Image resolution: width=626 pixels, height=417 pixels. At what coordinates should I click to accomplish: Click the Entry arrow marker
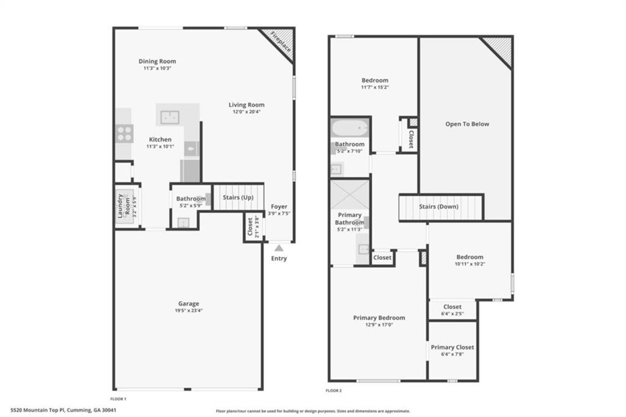tap(279, 248)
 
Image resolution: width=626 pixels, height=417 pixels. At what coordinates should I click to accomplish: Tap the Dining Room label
tap(157, 61)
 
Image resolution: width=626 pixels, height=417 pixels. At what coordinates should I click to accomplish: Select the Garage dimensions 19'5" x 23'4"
tap(188, 311)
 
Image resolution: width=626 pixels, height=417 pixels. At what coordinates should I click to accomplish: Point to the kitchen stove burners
tap(124, 133)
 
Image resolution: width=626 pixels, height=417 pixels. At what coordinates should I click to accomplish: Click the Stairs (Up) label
tap(238, 197)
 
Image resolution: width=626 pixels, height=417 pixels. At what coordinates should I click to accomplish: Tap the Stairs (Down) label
tap(438, 207)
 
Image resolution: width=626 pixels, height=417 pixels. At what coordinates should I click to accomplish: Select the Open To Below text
tap(467, 124)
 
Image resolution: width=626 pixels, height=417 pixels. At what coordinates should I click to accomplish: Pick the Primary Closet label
tap(452, 347)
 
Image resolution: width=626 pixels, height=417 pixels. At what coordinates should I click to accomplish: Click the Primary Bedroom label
tap(379, 318)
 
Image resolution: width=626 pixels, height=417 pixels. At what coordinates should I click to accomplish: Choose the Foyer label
tap(279, 207)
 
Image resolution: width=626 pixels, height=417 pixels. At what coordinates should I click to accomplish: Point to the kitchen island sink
tap(169, 116)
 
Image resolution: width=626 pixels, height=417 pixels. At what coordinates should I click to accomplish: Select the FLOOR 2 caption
tap(333, 390)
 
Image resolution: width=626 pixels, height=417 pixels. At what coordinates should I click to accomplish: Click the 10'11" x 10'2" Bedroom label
tap(469, 257)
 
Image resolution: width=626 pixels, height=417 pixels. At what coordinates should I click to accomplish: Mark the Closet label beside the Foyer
tap(249, 227)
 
